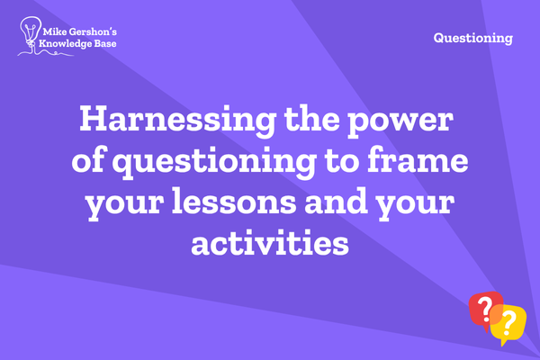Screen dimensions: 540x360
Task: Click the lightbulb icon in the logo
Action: point(31,32)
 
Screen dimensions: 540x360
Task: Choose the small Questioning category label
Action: point(472,38)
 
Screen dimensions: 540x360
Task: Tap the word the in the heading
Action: point(311,118)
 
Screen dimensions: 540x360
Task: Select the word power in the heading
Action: point(400,121)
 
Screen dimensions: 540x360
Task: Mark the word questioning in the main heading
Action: point(214,162)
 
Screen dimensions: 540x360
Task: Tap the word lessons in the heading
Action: point(234,201)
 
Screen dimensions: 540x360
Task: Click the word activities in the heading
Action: point(270,242)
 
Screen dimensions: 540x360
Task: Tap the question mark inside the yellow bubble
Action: point(508,323)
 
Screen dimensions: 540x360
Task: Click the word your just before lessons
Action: point(125,203)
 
